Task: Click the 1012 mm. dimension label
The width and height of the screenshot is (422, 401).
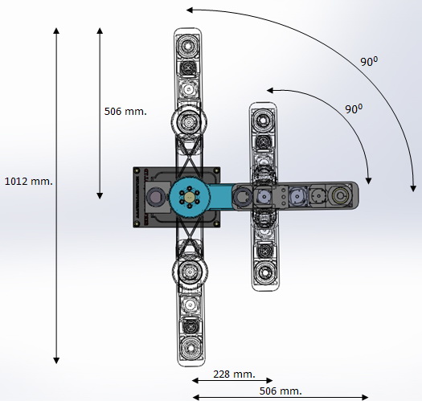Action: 29,182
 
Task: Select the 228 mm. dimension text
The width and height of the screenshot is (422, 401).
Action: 234,374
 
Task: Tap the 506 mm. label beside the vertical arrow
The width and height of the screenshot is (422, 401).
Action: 125,111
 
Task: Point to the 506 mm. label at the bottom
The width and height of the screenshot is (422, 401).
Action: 281,391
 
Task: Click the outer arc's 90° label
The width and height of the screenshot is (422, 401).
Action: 369,62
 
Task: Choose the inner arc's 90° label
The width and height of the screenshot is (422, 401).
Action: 354,108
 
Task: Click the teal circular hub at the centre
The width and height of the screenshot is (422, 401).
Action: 190,197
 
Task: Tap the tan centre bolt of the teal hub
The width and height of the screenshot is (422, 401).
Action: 190,197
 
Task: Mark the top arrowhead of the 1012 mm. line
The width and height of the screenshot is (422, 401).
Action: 56,31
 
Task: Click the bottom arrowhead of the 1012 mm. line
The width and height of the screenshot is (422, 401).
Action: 56,361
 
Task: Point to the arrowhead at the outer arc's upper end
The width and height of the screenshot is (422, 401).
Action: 190,10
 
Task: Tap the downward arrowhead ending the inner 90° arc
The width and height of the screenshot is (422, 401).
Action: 369,181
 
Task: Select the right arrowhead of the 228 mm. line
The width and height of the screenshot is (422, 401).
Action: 269,381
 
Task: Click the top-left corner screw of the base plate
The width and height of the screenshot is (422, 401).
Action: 137,170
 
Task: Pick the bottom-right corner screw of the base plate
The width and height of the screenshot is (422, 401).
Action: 216,223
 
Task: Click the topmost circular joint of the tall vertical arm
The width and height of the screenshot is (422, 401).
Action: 187,46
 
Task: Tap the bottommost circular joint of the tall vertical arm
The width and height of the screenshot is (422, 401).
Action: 191,348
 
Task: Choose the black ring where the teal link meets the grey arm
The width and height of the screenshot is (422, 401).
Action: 243,196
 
